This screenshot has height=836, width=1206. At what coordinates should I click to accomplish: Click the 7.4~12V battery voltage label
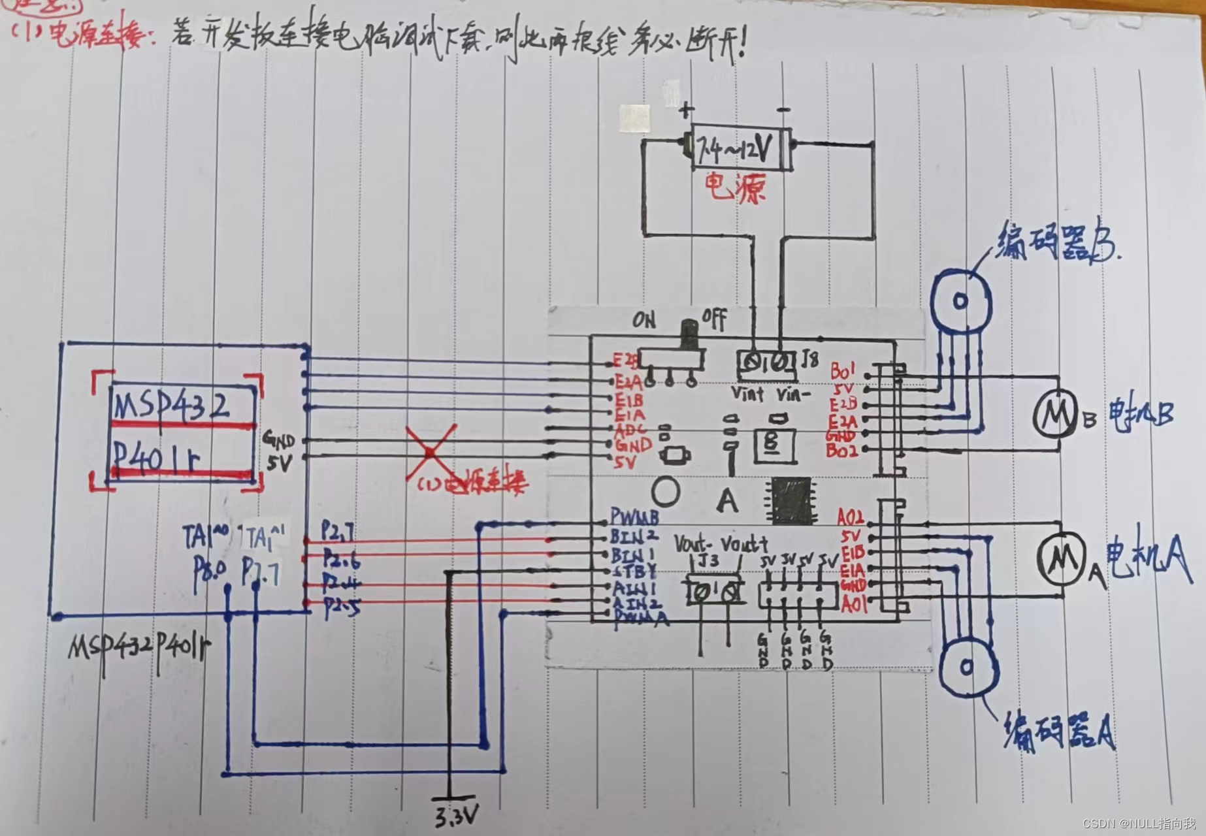pos(734,150)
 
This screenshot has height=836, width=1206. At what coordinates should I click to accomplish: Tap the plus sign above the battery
pos(685,110)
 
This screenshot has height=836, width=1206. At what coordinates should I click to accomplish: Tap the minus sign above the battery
pos(784,110)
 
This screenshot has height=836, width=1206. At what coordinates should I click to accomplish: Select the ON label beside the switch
pos(644,320)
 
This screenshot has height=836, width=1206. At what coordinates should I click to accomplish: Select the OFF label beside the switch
pos(715,319)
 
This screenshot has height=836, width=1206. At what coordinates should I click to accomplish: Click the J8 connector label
pos(809,359)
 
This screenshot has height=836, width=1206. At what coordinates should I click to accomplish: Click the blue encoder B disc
pos(960,301)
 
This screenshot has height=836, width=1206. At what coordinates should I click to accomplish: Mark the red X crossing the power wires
pos(430,452)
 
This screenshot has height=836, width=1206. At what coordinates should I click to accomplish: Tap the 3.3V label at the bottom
pos(456,816)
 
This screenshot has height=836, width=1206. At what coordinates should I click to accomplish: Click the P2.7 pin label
pos(338,532)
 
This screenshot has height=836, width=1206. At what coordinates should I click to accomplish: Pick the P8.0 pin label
pos(210,575)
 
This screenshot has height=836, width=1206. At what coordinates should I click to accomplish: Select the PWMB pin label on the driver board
pos(634,518)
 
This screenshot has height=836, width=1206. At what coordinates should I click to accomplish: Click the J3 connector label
pos(708,560)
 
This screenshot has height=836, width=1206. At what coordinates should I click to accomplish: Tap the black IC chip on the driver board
pos(792,501)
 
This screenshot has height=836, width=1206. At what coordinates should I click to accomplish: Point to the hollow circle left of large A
pos(666,492)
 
